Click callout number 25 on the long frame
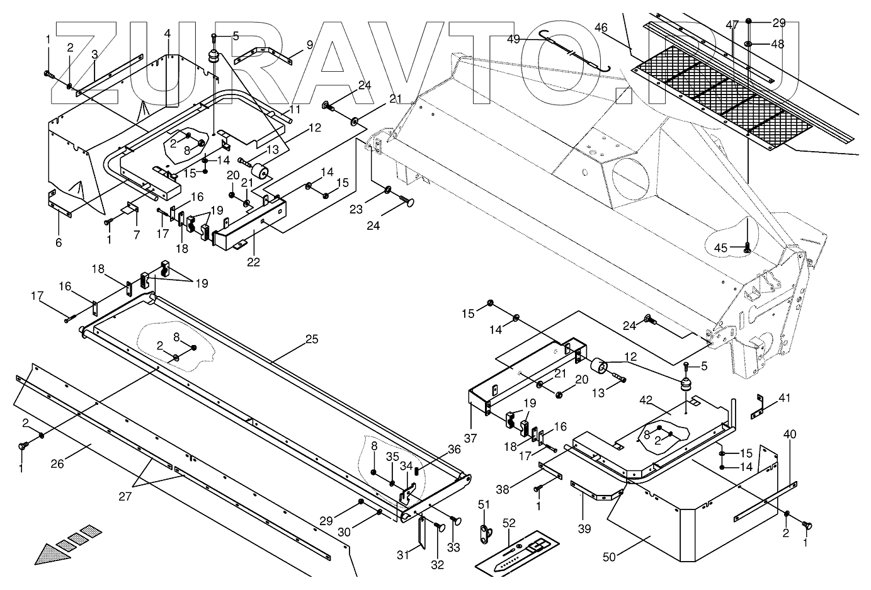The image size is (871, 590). coord(312,339)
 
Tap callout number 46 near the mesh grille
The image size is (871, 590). coord(601,27)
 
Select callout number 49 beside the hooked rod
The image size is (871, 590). coord(514,39)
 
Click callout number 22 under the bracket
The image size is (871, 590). coord(253,263)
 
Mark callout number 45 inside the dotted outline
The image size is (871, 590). coord(720,248)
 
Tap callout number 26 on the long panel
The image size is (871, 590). coord(57,465)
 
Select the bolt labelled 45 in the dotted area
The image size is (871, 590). coord(747,246)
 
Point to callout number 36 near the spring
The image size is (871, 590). coord(454,450)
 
